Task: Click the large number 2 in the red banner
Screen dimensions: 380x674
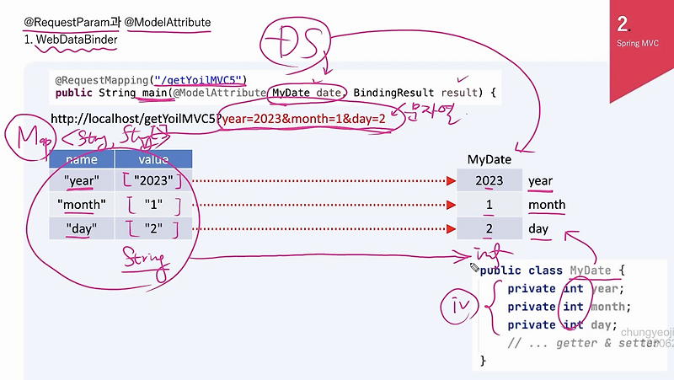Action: point(623,23)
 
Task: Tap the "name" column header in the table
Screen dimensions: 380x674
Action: point(81,159)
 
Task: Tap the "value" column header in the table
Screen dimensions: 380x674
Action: point(153,159)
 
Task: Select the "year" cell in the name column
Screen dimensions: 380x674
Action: point(81,180)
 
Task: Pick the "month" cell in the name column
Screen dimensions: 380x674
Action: point(81,205)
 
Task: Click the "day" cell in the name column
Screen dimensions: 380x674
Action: point(81,227)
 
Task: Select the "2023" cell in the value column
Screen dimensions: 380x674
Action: point(153,180)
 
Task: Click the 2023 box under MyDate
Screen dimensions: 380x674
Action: point(489,180)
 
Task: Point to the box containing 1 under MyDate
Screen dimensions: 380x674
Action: point(489,205)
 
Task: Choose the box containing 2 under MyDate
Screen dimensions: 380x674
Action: point(489,228)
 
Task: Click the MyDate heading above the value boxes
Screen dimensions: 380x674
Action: point(489,159)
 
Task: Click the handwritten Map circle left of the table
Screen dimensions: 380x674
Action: point(24,142)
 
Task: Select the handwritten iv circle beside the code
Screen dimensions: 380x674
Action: point(461,308)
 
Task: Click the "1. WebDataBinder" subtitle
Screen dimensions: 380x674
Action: point(71,39)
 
